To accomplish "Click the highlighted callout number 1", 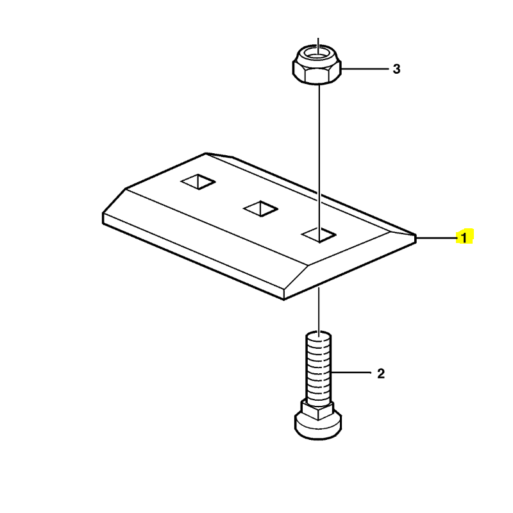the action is click(464, 237).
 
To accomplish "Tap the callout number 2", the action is click(381, 373).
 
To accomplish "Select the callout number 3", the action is click(396, 69).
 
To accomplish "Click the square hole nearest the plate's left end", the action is click(198, 181).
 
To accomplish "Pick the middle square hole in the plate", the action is click(261, 208).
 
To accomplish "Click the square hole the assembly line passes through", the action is click(319, 235).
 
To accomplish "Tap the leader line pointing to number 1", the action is click(437, 238).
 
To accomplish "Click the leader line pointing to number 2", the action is click(351, 373).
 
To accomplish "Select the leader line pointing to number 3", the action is click(365, 69).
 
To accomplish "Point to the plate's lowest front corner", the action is click(283, 299).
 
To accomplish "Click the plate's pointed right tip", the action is click(416, 236).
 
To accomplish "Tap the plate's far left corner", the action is click(103, 214).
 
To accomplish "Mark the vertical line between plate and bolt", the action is click(319, 309).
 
